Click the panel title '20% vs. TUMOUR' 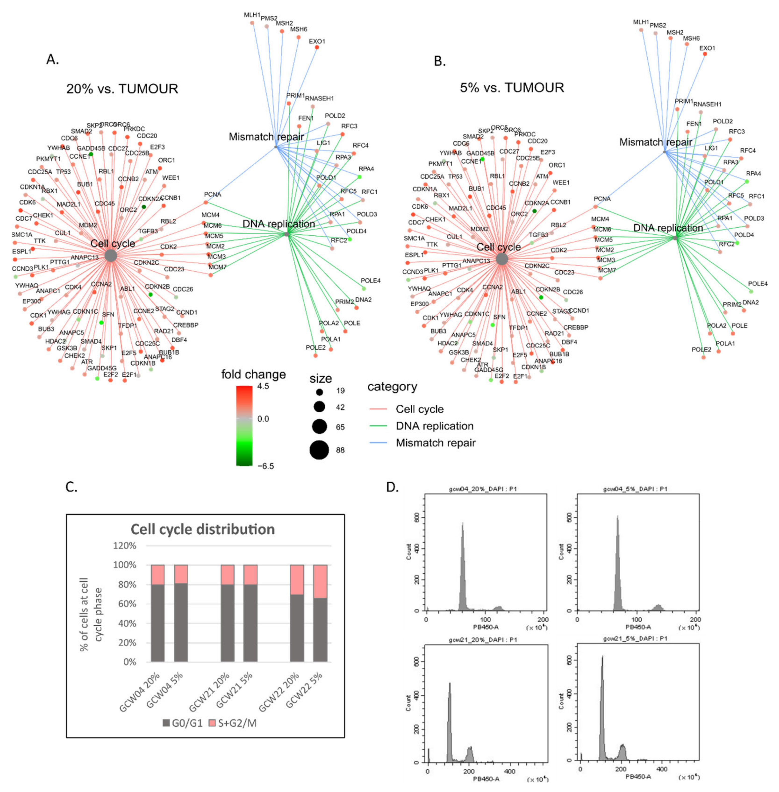point(122,89)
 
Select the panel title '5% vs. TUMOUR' point(512,87)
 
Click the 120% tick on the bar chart point(124,545)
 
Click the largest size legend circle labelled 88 point(319,450)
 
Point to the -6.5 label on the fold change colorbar point(266,466)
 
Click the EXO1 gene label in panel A point(317,41)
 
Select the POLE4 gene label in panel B point(758,284)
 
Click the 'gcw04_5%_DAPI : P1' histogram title point(635,489)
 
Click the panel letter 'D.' point(392,487)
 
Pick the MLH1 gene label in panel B point(641,22)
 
